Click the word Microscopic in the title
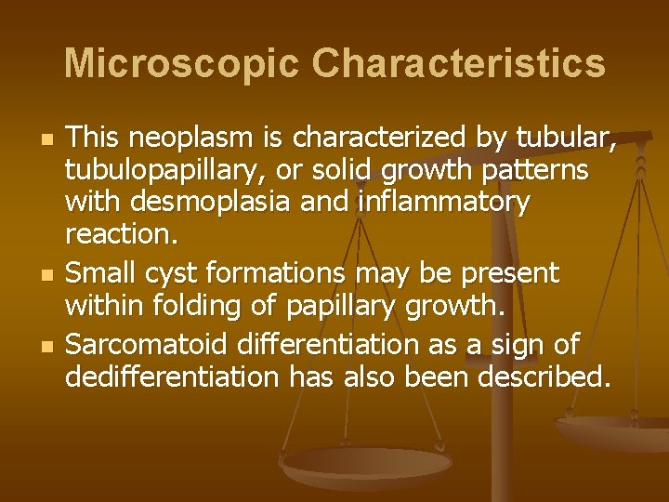[180, 63]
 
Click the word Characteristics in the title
[458, 63]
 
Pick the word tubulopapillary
[164, 171]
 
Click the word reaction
[120, 234]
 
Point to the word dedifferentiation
[172, 376]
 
